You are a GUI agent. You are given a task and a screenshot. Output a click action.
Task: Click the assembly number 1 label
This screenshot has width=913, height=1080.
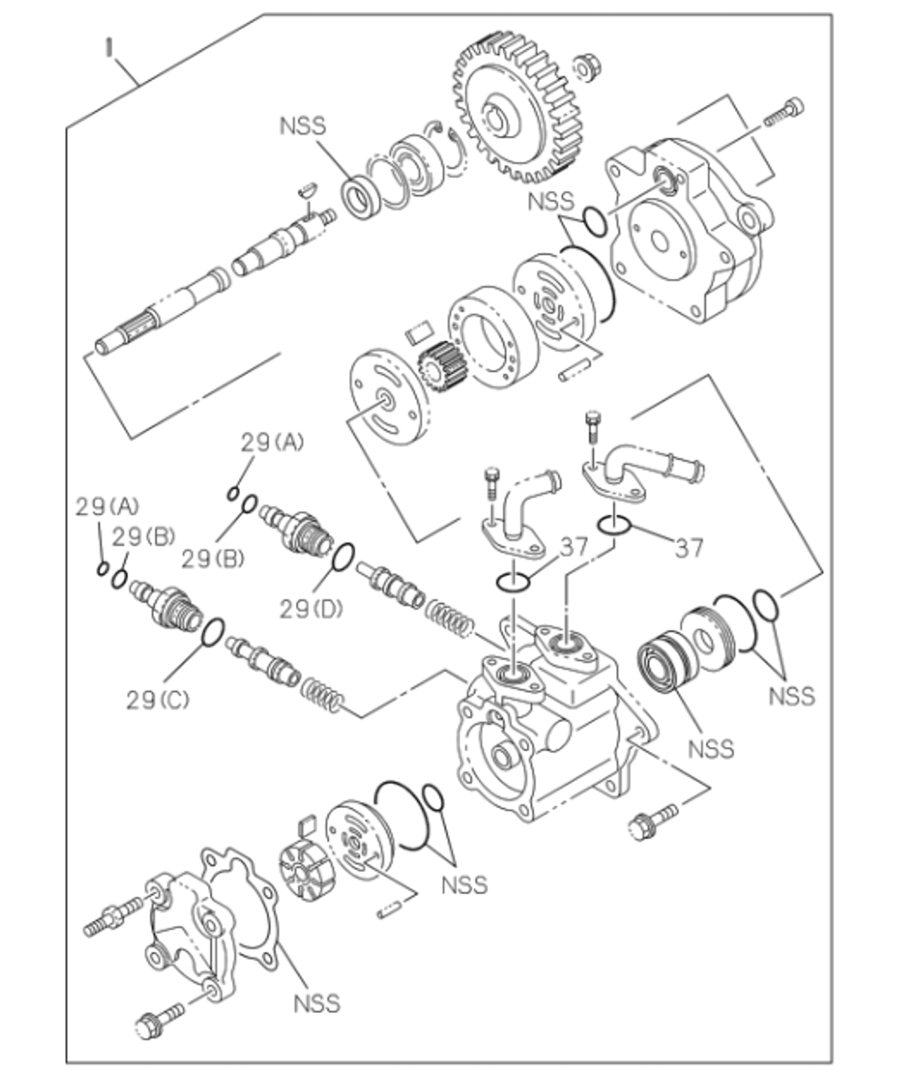[x=109, y=47]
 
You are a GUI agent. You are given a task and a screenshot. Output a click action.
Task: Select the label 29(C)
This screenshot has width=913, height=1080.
[x=158, y=699]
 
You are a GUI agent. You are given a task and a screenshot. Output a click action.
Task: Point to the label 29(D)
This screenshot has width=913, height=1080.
[x=311, y=608]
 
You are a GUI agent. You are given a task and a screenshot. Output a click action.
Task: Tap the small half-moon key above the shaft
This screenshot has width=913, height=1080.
[x=306, y=187]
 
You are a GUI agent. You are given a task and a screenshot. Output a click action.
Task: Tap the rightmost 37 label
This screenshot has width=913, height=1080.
[x=689, y=547]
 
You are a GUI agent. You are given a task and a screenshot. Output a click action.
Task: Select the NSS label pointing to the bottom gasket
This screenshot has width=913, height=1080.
[x=317, y=1003]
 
